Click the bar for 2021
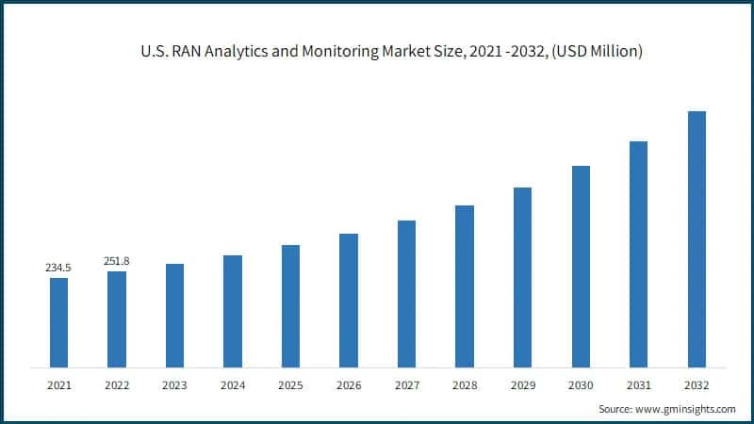coord(58,322)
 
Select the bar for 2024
coord(233,311)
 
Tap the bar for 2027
coord(406,293)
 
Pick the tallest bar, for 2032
coord(697,239)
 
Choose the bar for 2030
coord(581,267)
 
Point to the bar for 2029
coord(522,277)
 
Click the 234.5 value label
coord(58,269)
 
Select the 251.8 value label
coord(117,261)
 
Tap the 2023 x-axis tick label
coord(174,385)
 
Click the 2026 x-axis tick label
coord(349,385)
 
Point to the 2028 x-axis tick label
coord(465,385)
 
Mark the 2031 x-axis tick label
coord(638,385)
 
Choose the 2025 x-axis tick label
coord(290,385)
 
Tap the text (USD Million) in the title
coord(595,53)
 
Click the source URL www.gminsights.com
coord(687,409)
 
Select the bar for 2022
coord(117,319)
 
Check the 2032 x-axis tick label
coord(697,385)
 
